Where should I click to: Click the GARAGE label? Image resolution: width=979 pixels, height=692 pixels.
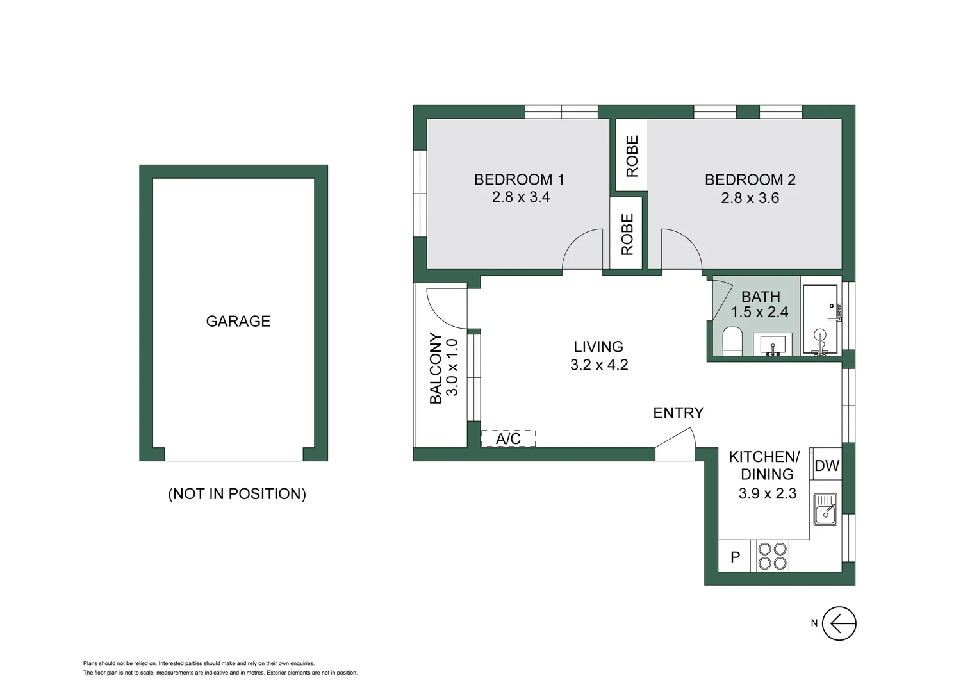238,321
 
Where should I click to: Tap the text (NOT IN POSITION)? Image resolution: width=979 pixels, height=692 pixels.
237,494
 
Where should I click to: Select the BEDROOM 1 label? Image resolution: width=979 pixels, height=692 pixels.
519,179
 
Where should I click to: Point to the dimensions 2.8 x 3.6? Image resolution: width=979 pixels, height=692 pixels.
750,198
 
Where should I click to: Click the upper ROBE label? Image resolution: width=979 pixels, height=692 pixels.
632,156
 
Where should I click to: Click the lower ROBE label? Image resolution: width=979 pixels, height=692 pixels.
627,235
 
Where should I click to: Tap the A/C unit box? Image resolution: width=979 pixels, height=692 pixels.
508,438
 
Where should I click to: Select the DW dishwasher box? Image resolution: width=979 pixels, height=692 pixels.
826,466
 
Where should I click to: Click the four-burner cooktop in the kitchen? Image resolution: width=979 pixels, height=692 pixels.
772,556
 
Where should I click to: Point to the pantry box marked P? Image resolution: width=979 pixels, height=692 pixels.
735,557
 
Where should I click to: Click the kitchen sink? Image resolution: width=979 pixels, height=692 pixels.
825,510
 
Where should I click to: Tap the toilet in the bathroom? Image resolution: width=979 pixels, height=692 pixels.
732,340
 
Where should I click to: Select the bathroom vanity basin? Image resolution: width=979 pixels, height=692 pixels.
773,344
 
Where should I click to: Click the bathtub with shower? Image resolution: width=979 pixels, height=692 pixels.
820,319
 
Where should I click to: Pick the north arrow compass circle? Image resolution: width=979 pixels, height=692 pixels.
839,623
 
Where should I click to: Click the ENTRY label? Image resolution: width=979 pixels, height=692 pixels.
678,413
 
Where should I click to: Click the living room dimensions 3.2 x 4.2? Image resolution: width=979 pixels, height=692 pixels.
598,365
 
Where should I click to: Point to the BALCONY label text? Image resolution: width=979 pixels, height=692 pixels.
436,368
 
